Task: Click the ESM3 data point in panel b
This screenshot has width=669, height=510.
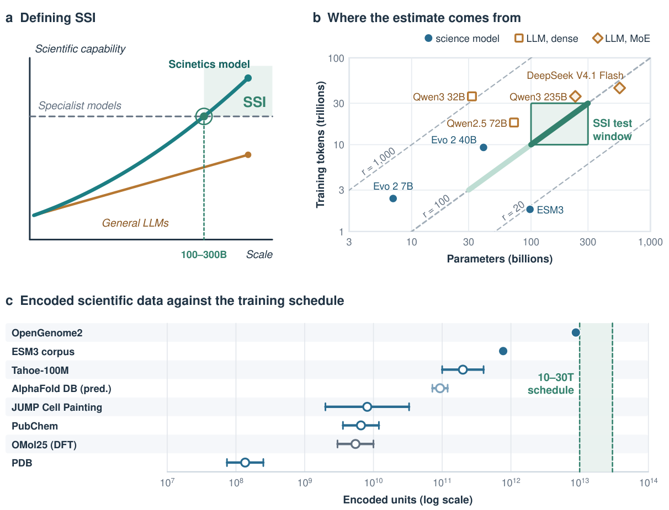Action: click(x=530, y=209)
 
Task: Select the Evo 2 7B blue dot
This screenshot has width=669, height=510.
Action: click(x=393, y=198)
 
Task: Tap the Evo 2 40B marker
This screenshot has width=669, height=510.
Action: click(x=483, y=147)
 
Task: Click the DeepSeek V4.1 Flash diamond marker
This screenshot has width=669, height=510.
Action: click(x=619, y=88)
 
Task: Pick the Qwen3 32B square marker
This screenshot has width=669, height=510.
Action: click(x=472, y=96)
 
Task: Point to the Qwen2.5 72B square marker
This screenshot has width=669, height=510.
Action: click(x=514, y=122)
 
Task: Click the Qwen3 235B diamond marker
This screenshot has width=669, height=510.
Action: click(x=575, y=96)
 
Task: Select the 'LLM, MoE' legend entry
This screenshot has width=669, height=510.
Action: click(x=621, y=39)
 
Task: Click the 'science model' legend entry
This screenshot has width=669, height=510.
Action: click(x=462, y=39)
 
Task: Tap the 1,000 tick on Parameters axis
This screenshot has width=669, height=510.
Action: click(x=650, y=242)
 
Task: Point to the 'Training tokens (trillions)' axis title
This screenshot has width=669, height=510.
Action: click(x=320, y=144)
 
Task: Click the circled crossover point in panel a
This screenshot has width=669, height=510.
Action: click(x=204, y=116)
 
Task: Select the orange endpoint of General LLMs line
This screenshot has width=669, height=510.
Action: click(x=248, y=154)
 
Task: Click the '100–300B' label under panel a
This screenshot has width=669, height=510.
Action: click(x=204, y=254)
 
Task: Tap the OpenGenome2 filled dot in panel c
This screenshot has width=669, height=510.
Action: click(x=575, y=332)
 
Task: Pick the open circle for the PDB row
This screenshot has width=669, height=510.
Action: click(x=245, y=463)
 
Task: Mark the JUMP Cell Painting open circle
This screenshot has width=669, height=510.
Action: click(x=367, y=407)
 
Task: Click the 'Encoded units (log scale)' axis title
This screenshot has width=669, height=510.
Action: click(x=407, y=500)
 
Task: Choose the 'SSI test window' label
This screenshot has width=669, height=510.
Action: click(x=612, y=130)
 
